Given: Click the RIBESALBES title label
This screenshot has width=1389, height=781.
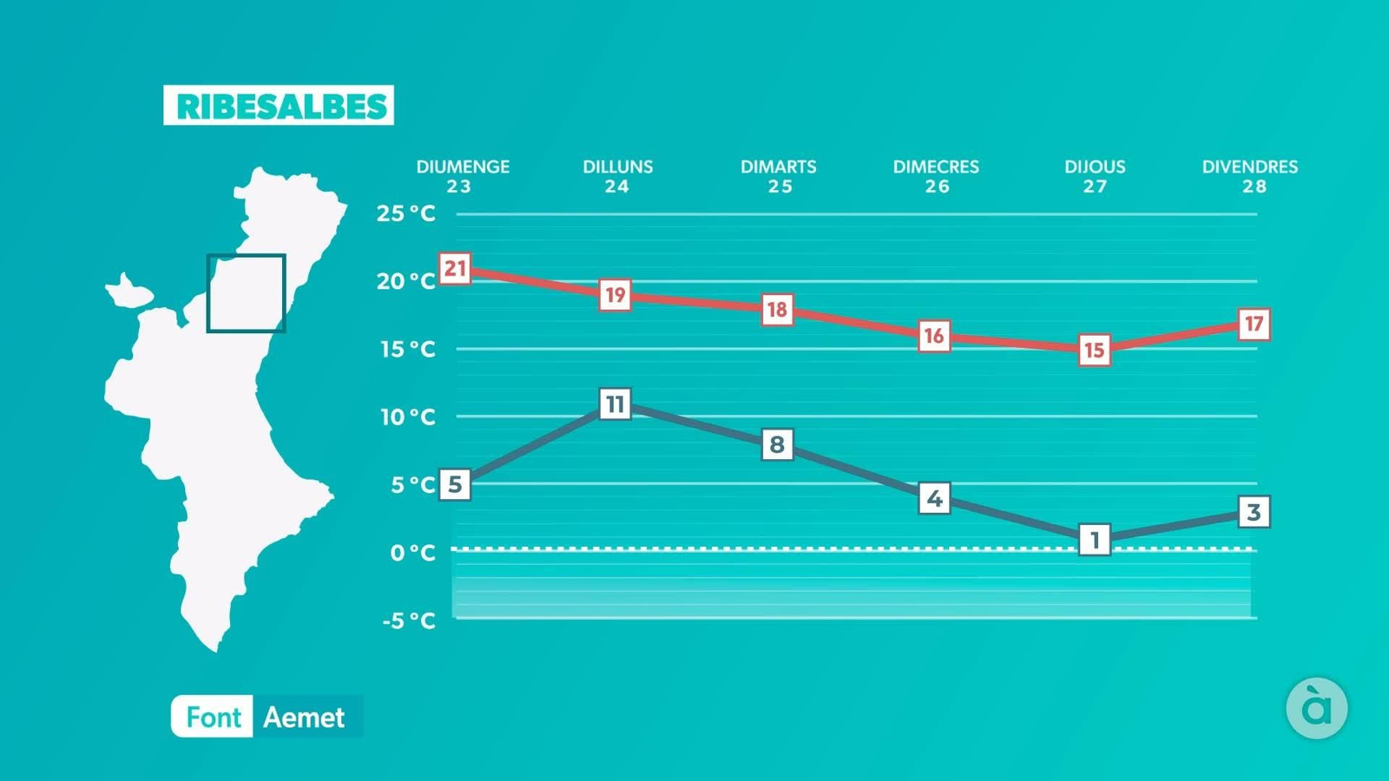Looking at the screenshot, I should (279, 106).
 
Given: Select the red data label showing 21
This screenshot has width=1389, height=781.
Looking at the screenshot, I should (455, 269).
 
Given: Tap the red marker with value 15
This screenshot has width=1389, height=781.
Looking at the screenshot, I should (1094, 350).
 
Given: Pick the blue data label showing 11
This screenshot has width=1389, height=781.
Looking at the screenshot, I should (615, 404).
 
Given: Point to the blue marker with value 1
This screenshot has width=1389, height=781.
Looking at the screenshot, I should (1095, 540).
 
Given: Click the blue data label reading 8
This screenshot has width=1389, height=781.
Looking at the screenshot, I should (777, 445).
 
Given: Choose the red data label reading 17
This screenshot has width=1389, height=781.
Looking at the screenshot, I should (1254, 325).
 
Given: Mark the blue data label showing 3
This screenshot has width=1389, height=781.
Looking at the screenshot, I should (1253, 512).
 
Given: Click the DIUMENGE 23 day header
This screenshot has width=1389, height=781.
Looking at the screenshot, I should (462, 176).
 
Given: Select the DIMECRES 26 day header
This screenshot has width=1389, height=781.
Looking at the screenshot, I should (936, 176).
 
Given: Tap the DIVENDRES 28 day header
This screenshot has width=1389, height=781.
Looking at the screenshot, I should (1250, 176).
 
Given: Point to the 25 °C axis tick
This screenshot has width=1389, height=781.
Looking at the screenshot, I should (405, 213).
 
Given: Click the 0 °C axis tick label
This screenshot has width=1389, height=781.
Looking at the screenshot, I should (412, 553).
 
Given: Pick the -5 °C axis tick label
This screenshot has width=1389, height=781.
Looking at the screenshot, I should (409, 620).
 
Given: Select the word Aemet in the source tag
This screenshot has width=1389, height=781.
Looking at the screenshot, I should (304, 718).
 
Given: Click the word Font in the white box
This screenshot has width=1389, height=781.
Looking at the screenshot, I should (213, 718).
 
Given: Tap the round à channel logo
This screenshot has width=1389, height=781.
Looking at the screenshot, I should (1316, 708).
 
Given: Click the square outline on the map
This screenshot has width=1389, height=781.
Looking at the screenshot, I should (246, 293).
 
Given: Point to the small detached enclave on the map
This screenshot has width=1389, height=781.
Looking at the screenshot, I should (129, 292).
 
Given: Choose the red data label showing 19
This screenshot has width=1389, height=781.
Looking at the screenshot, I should (615, 295).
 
